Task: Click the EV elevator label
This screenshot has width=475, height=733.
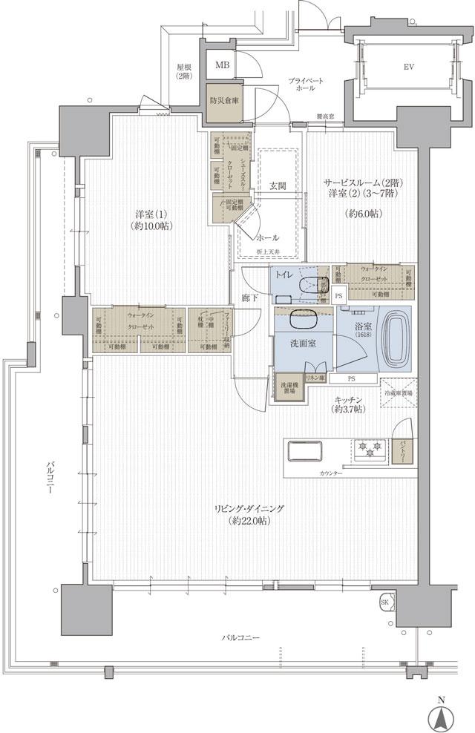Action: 408,66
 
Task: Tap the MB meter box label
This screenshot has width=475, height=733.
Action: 223,65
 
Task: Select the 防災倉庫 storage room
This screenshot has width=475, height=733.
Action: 223,102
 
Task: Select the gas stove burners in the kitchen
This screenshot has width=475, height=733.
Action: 369,447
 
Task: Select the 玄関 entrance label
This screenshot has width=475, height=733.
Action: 278,185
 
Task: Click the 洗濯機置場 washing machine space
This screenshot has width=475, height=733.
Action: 289,389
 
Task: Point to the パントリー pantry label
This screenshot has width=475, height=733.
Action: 402,450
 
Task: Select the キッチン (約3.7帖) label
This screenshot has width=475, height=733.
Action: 347,404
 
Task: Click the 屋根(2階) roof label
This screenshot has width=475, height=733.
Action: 184,71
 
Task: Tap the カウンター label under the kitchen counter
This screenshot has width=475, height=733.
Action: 330,473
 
